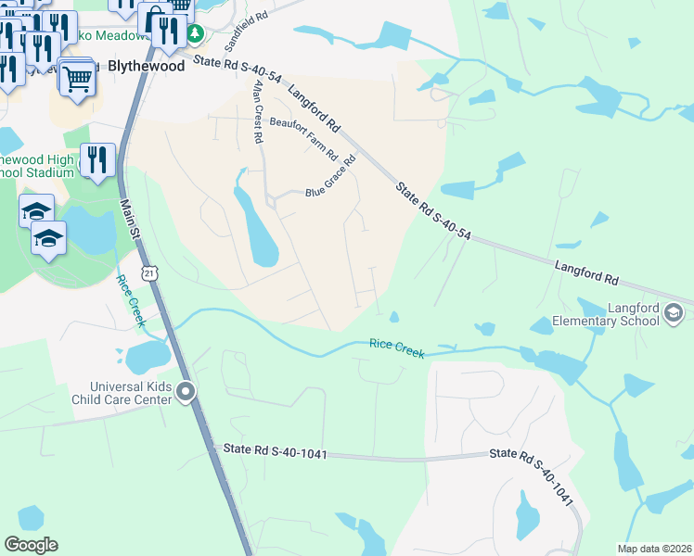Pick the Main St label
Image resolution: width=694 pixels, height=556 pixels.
pyautogui.click(x=126, y=226)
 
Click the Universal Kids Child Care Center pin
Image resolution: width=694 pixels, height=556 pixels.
pyautogui.click(x=186, y=393)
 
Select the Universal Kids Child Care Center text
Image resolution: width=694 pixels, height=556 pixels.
pyautogui.click(x=130, y=393)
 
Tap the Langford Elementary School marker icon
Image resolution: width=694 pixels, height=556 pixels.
pyautogui.click(x=674, y=315)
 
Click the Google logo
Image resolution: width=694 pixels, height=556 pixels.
pyautogui.click(x=31, y=545)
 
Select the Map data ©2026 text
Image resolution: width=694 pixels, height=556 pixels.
pyautogui.click(x=654, y=549)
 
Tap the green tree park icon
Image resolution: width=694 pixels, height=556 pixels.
pyautogui.click(x=195, y=34)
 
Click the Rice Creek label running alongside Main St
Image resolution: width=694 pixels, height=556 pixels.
pyautogui.click(x=131, y=298)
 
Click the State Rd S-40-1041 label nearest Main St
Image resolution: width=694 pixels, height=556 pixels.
pyautogui.click(x=276, y=451)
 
